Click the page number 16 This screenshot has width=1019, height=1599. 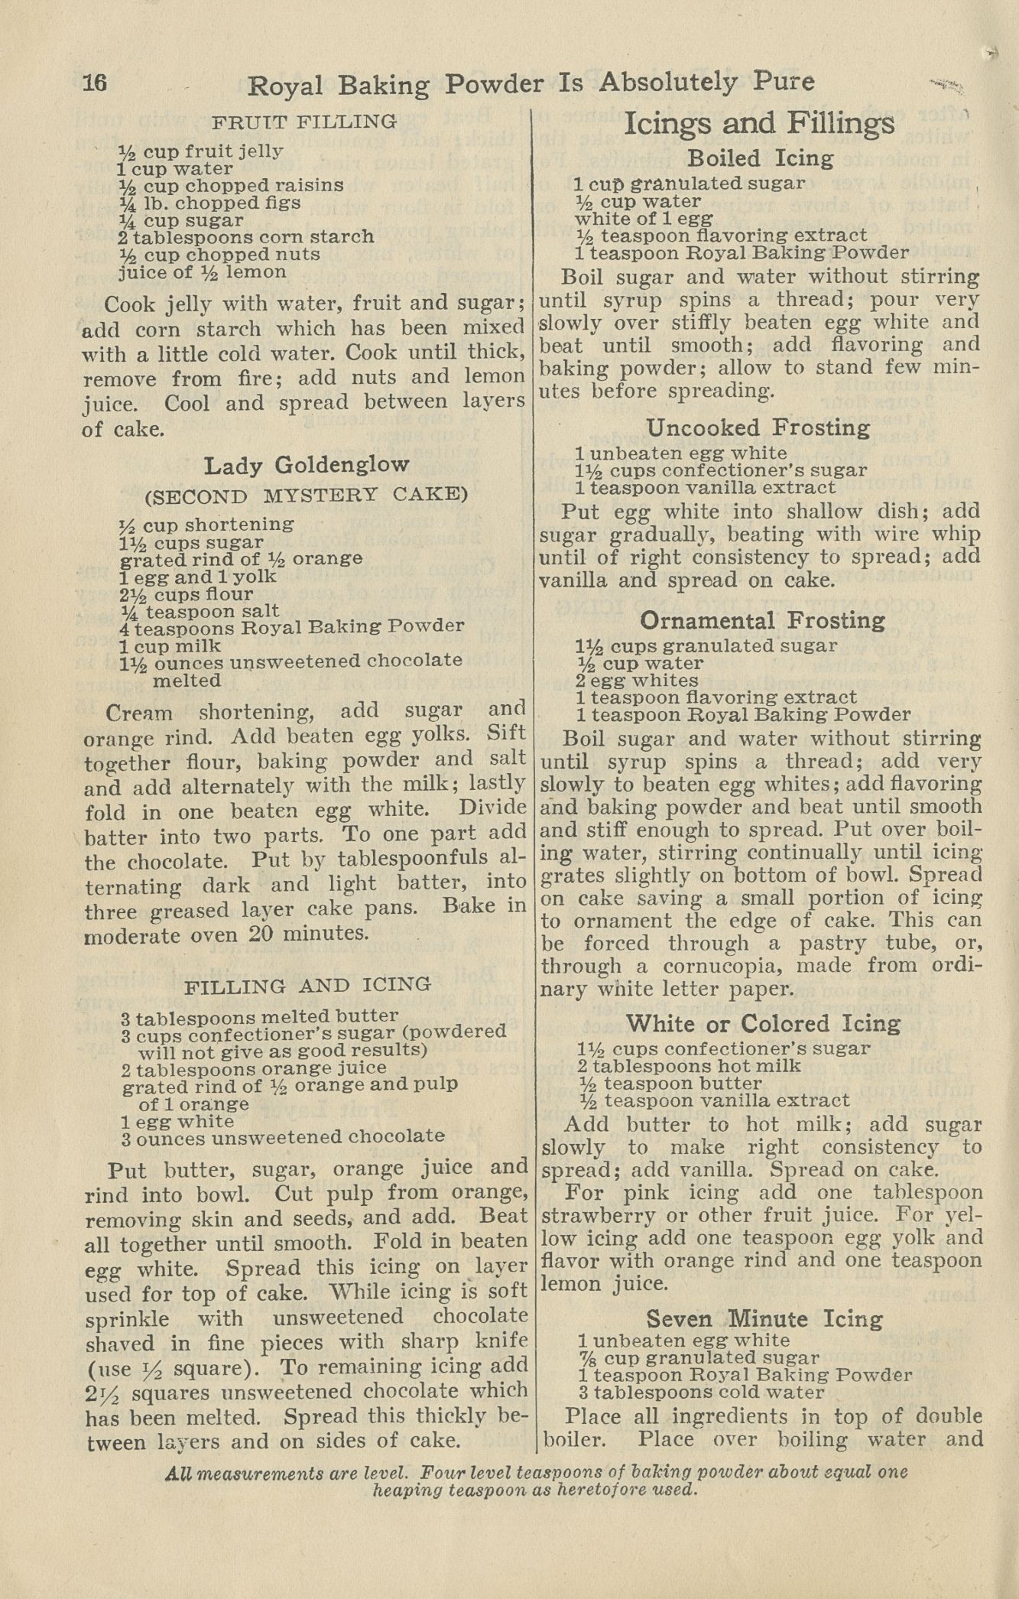click(x=95, y=83)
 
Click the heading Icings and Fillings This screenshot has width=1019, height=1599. click(x=759, y=123)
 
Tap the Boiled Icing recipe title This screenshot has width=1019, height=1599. click(x=760, y=158)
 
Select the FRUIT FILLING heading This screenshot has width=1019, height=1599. click(x=304, y=122)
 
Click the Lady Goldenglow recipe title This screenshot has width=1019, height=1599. click(x=306, y=465)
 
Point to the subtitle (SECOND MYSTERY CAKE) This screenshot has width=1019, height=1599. click(x=306, y=495)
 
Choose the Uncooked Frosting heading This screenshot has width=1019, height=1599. click(x=758, y=427)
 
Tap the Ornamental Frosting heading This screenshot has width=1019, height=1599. click(x=762, y=620)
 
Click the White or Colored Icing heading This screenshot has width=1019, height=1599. click(x=763, y=1024)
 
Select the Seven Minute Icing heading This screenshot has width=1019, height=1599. click(x=764, y=1319)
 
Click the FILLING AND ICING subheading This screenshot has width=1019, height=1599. click(x=308, y=986)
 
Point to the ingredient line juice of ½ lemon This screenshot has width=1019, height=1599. click(x=203, y=272)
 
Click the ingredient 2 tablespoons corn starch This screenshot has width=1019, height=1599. click(x=246, y=237)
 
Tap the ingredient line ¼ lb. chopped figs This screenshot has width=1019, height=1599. click(x=210, y=203)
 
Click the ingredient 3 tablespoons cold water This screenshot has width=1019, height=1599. click(x=701, y=1393)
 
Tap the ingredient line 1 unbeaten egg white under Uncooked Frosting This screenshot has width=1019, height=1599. click(x=681, y=453)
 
